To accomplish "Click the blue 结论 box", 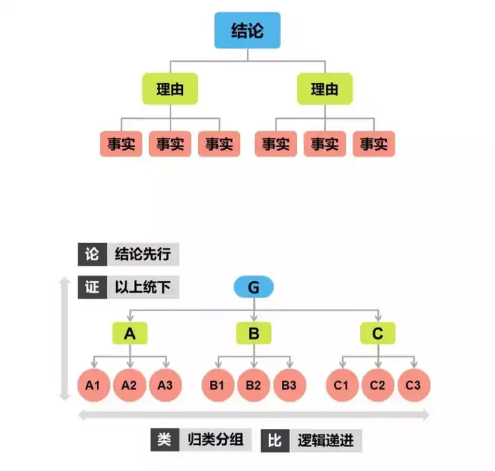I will point(247,32).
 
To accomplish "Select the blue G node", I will point(254,287).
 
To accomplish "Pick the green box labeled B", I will point(254,334).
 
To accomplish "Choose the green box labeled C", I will point(377,334).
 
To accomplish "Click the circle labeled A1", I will point(93,385).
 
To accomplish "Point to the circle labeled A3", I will point(165,385).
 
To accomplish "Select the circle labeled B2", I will point(254,385).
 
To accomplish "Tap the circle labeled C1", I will point(342,385).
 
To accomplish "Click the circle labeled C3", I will point(413,385).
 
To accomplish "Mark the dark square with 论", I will point(91,254).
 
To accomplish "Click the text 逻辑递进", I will point(326,440).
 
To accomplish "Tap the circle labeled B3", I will point(289,385).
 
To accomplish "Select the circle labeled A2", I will point(129,385).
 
